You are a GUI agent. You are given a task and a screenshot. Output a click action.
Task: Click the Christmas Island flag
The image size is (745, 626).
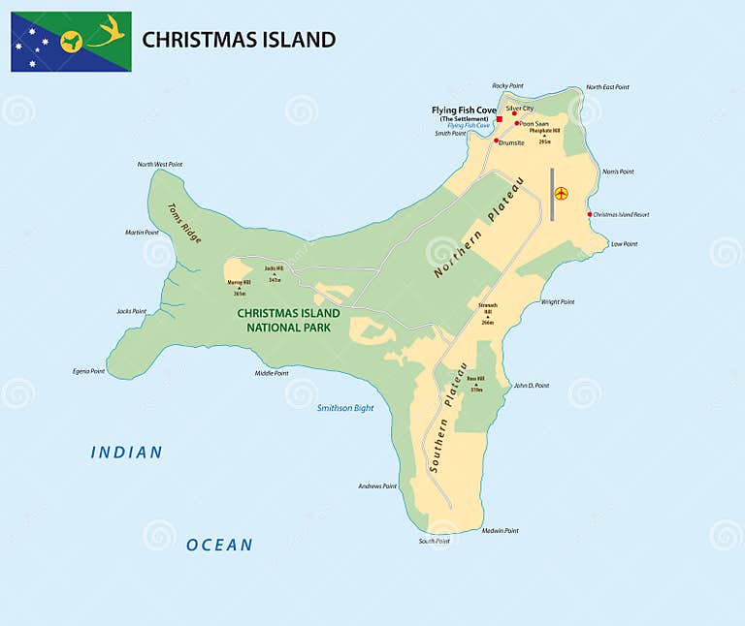[x=71, y=42]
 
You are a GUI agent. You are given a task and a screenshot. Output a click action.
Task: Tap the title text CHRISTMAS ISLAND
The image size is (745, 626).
[x=239, y=40]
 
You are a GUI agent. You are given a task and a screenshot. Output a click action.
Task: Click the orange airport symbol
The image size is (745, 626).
[x=561, y=193]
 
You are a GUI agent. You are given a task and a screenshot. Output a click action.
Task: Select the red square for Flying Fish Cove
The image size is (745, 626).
[x=500, y=119]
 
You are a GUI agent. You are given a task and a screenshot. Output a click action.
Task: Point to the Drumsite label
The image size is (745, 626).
[x=511, y=142]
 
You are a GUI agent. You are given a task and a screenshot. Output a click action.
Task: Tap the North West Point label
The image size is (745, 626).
[x=159, y=164]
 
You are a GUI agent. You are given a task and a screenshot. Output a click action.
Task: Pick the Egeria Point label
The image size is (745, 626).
[x=87, y=371]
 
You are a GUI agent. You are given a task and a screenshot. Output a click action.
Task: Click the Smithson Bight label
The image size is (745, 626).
[x=345, y=408]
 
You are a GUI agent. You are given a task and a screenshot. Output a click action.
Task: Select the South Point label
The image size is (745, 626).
[x=435, y=541]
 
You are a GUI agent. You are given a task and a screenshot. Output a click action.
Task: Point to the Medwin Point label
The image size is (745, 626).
[x=500, y=530]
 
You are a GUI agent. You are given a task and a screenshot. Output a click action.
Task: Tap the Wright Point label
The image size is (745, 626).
[x=558, y=301]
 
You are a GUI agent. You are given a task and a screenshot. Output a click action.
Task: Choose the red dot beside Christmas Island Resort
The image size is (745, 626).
[x=589, y=214]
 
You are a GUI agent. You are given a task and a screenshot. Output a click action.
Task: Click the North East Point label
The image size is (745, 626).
[x=606, y=87]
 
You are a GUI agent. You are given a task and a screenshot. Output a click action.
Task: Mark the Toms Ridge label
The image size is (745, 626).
[x=184, y=222]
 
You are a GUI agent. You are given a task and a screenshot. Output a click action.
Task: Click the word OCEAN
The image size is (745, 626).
[x=219, y=545]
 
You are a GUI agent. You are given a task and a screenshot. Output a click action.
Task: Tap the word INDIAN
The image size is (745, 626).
[x=127, y=453]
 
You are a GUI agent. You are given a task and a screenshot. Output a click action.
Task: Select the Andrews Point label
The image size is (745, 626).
[x=377, y=485]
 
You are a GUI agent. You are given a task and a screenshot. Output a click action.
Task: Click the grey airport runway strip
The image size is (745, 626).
[x=551, y=194]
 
